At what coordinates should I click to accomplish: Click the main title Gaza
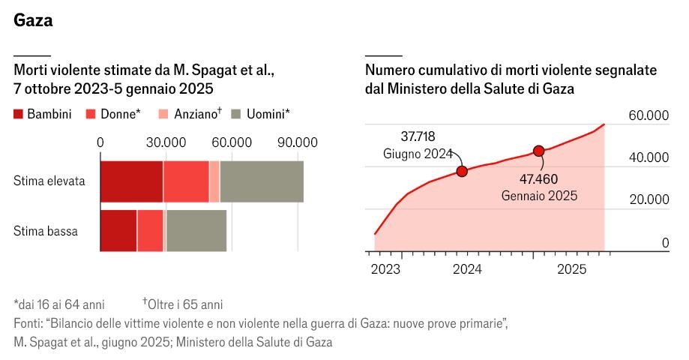click(x=33, y=20)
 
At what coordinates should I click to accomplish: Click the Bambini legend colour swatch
click(x=19, y=115)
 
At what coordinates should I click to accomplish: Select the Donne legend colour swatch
click(x=91, y=115)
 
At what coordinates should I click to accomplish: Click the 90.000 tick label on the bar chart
click(x=298, y=142)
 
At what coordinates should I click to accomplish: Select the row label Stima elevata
click(x=49, y=181)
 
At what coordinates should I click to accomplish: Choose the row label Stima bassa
click(x=46, y=231)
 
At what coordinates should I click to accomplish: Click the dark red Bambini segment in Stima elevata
click(x=131, y=181)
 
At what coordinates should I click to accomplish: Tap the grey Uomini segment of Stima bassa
click(x=196, y=231)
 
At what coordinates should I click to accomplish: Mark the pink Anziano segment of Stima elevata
click(x=214, y=181)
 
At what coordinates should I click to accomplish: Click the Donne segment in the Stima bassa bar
click(x=150, y=231)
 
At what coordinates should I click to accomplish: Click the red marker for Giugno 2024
click(x=462, y=171)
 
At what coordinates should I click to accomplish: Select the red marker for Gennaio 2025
click(x=538, y=151)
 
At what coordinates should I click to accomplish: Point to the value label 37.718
click(x=418, y=136)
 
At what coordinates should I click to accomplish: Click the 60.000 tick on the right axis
click(x=649, y=115)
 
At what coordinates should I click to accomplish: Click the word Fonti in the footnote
click(x=27, y=323)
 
